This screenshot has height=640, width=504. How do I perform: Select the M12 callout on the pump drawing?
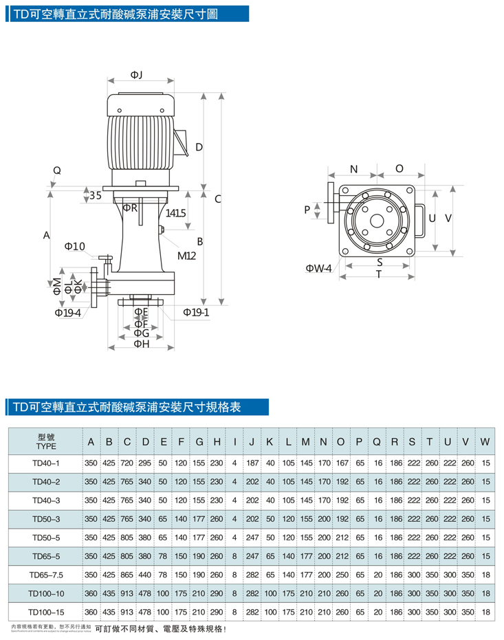pos(187,256)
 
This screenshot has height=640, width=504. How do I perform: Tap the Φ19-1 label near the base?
pos(196,313)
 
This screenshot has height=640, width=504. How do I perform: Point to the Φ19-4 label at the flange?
pos(68,313)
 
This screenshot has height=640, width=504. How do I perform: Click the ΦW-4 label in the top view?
pos(319,267)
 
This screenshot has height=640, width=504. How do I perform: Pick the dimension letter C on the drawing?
pos(217,199)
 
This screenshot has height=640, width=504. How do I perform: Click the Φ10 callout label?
pos(74,245)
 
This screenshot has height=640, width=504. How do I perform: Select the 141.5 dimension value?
pos(176,214)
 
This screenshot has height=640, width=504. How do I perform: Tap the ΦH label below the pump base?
pos(141,343)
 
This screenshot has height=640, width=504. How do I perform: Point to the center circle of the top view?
pos(377,221)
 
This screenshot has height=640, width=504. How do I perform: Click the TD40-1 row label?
pos(46,463)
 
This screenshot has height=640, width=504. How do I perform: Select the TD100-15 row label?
pos(46,611)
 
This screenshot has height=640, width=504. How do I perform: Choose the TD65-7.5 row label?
pos(46,574)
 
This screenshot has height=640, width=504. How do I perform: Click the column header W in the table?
pos(485,441)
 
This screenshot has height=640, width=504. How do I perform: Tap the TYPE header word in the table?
pos(45,445)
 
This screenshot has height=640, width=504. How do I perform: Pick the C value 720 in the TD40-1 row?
pos(127,463)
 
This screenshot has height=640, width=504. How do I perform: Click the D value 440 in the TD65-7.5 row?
pos(145,574)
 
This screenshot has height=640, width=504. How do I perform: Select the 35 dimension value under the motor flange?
pos(95,195)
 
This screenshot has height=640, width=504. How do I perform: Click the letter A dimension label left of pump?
pos(47,235)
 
